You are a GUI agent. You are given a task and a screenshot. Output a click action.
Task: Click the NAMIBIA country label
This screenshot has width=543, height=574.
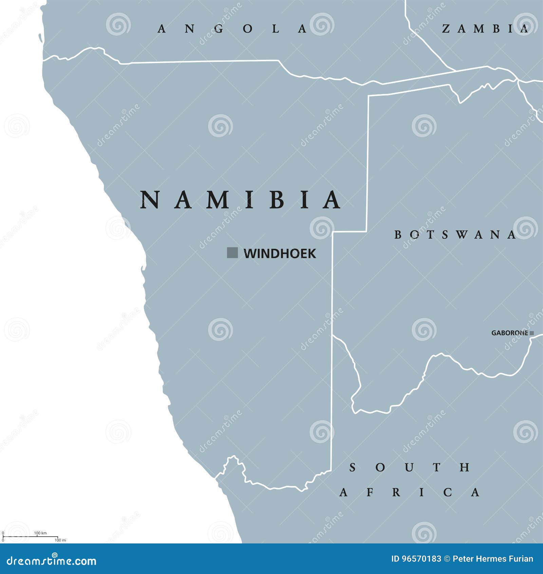pyautogui.click(x=240, y=200)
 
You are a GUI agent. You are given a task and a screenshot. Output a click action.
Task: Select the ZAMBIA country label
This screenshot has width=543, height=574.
pyautogui.click(x=485, y=29)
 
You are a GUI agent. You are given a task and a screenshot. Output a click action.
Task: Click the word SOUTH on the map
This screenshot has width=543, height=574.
pyautogui.click(x=410, y=467)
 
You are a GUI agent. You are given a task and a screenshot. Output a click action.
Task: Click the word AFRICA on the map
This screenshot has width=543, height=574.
pyautogui.click(x=410, y=492)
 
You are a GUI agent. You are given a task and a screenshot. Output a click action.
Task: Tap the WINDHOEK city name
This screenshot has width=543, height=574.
pyautogui.click(x=280, y=254)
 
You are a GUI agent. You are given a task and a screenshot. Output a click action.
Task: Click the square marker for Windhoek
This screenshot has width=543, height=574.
pyautogui.click(x=232, y=253)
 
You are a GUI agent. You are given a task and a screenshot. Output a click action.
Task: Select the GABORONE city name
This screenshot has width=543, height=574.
pyautogui.click(x=510, y=333)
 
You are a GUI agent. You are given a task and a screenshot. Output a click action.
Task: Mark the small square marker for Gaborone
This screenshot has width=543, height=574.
pyautogui.click(x=532, y=333)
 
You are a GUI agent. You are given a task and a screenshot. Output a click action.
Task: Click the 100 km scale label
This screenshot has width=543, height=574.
pyautogui.click(x=40, y=533)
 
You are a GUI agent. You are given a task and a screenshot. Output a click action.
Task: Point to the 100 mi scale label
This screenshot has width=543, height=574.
pyautogui.click(x=60, y=540)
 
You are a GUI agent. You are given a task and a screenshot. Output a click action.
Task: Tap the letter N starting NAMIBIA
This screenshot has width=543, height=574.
pyautogui.click(x=150, y=200)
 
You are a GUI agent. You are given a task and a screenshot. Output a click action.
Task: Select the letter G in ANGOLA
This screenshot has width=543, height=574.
pyautogui.click(x=219, y=29)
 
